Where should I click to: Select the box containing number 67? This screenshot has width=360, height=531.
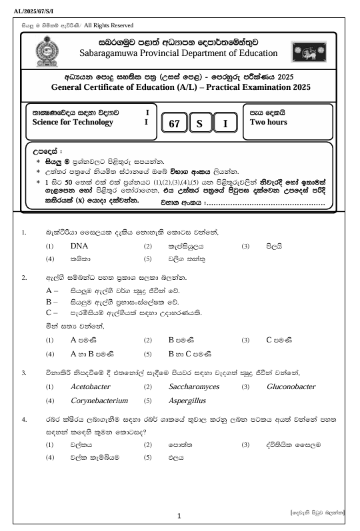click(175, 124)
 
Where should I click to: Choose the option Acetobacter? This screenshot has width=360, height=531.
click(90, 386)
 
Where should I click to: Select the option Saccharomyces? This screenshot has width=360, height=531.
click(193, 386)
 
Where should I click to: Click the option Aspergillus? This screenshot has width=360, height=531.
click(187, 401)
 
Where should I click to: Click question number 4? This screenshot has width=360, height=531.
click(24, 420)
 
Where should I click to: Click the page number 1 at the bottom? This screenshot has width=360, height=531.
click(179, 516)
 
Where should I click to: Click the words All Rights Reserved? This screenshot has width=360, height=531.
click(109, 25)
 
